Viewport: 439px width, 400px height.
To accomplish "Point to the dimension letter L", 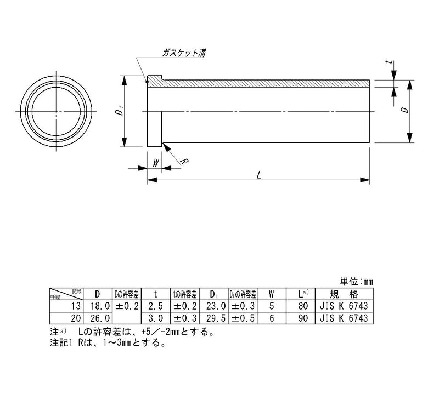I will [x=258, y=175].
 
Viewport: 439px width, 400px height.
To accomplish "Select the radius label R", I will [x=185, y=162].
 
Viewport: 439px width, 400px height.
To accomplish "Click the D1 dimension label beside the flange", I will [x=118, y=112].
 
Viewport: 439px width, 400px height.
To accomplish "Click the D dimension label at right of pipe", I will [x=404, y=111].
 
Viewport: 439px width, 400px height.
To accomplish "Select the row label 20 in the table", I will [x=76, y=317].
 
